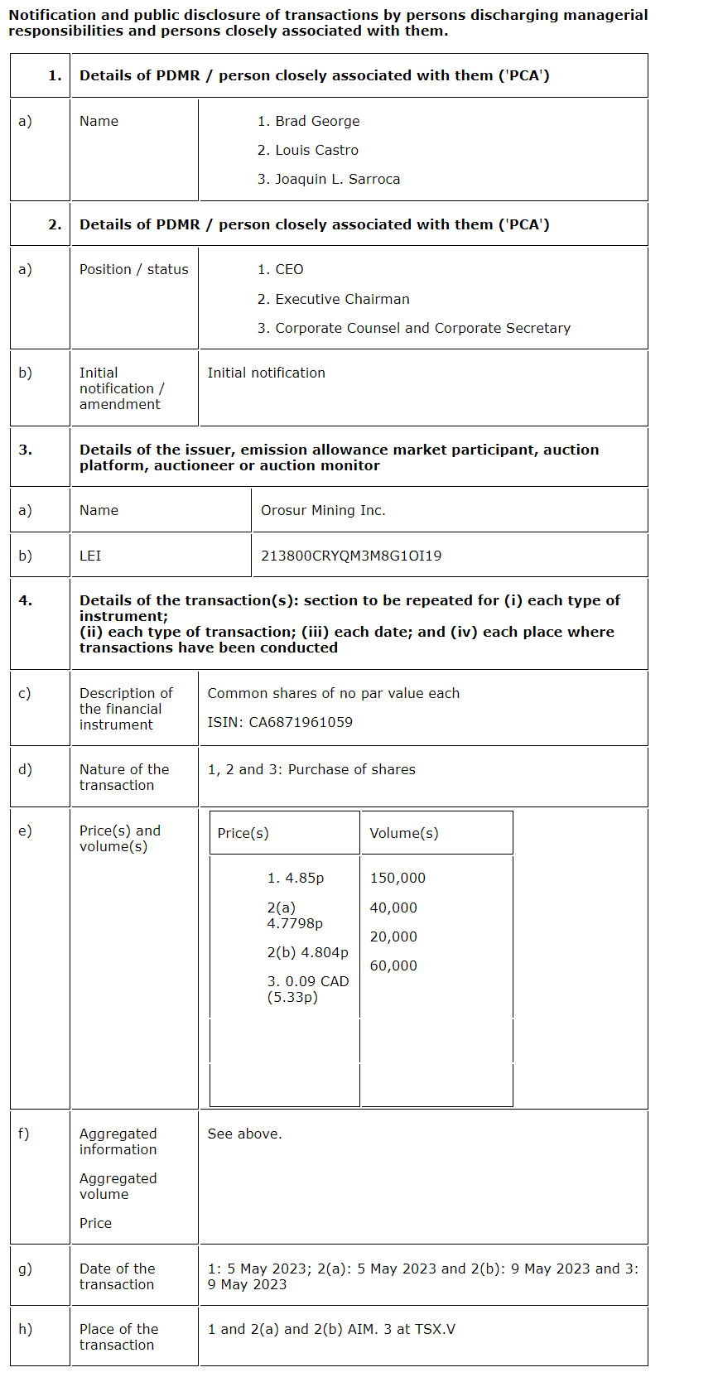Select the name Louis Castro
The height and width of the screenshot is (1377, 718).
click(x=316, y=150)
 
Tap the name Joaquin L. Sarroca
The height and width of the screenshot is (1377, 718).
click(x=337, y=179)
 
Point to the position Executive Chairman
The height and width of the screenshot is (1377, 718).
click(x=342, y=299)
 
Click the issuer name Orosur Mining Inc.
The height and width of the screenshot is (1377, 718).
click(x=323, y=510)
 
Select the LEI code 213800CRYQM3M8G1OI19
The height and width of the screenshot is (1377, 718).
click(x=351, y=556)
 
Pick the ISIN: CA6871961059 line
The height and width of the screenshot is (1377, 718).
click(x=280, y=722)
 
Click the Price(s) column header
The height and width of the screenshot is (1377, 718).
click(x=243, y=833)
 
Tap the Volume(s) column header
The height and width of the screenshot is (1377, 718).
click(x=404, y=833)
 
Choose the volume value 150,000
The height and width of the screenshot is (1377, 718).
click(x=398, y=878)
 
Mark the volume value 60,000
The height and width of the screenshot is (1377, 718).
click(x=393, y=965)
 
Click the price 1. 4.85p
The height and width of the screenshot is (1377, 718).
click(x=296, y=878)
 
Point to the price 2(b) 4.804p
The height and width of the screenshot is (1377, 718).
click(x=307, y=952)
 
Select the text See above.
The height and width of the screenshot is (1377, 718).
click(x=244, y=1134)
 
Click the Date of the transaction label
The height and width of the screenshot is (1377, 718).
click(x=117, y=1276)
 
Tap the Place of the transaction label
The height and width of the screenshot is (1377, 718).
click(x=118, y=1336)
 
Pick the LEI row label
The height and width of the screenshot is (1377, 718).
click(x=90, y=556)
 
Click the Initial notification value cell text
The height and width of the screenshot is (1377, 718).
click(x=266, y=373)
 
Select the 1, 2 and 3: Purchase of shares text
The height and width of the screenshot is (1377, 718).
click(x=311, y=769)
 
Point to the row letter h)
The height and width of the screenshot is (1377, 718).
click(x=26, y=1328)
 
